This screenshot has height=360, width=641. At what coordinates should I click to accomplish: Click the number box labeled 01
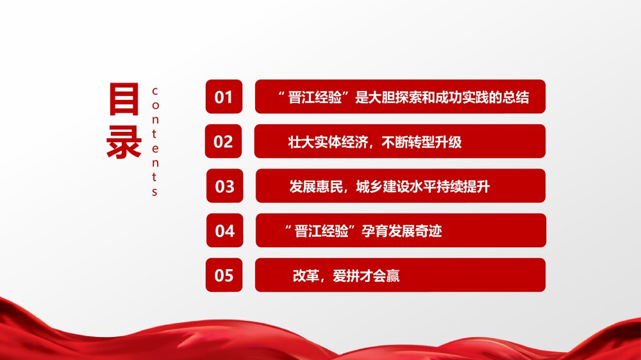click(x=224, y=97)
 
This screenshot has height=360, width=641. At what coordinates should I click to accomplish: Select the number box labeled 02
click(x=223, y=141)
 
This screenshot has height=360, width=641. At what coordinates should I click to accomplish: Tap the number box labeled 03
click(x=224, y=186)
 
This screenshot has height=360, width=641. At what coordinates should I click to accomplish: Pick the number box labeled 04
click(x=224, y=230)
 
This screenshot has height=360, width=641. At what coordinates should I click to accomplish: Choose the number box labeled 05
click(x=224, y=275)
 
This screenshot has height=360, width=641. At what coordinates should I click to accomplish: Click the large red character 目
click(x=124, y=101)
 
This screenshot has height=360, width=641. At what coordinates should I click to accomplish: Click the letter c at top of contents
click(x=154, y=90)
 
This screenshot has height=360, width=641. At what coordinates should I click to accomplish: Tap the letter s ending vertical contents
click(x=154, y=192)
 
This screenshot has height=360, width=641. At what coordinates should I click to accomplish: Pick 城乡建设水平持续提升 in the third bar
click(x=422, y=186)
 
